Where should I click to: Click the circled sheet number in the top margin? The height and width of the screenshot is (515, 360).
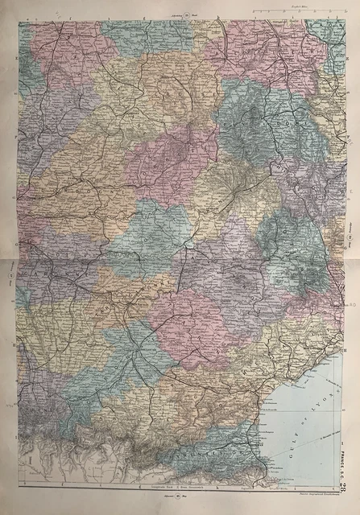tap(187, 15)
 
